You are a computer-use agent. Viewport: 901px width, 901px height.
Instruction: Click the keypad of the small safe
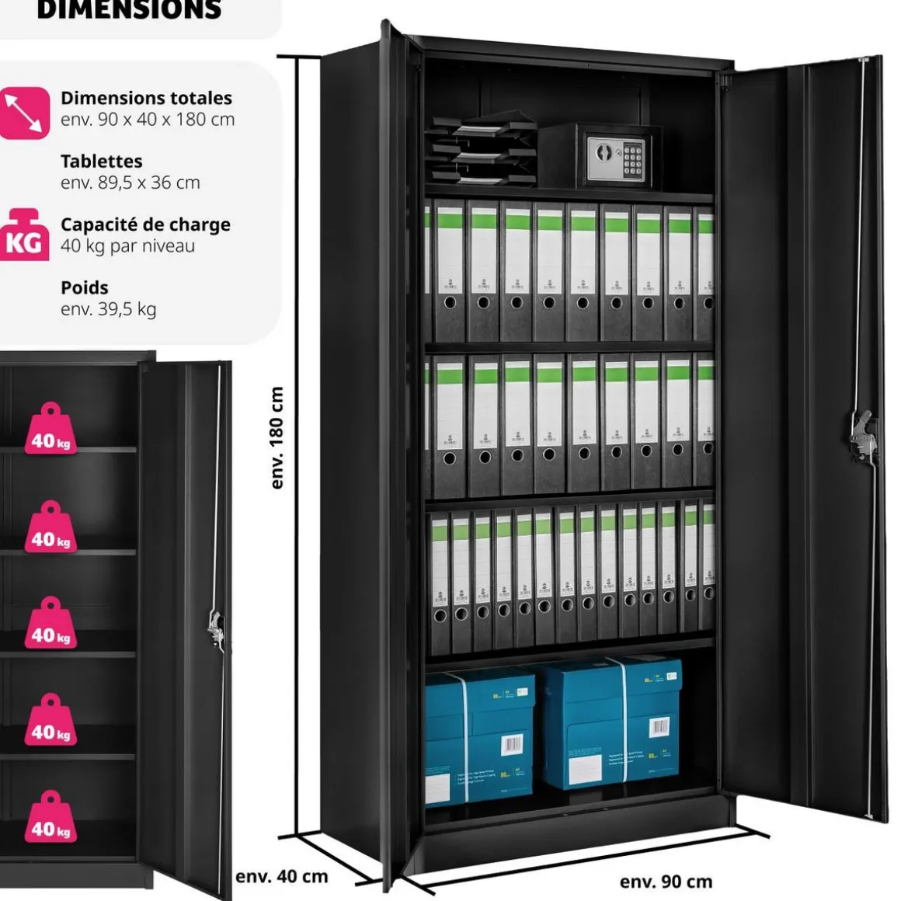point(633,158)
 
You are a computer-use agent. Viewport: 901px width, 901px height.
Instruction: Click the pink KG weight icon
point(23,235)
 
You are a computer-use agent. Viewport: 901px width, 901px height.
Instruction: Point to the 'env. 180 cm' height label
point(277,437)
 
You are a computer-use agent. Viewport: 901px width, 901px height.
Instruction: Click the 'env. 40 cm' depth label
point(281,876)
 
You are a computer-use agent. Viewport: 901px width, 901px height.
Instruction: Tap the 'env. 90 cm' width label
point(666,881)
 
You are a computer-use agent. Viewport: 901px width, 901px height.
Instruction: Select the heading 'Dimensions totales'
point(146,98)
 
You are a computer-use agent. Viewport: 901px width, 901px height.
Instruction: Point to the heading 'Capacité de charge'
point(145,224)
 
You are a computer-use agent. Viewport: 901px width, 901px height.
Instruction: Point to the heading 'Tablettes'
point(101,162)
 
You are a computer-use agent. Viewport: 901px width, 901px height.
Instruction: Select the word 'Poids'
point(84,287)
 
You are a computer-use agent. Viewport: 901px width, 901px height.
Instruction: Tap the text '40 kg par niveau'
point(127,246)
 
